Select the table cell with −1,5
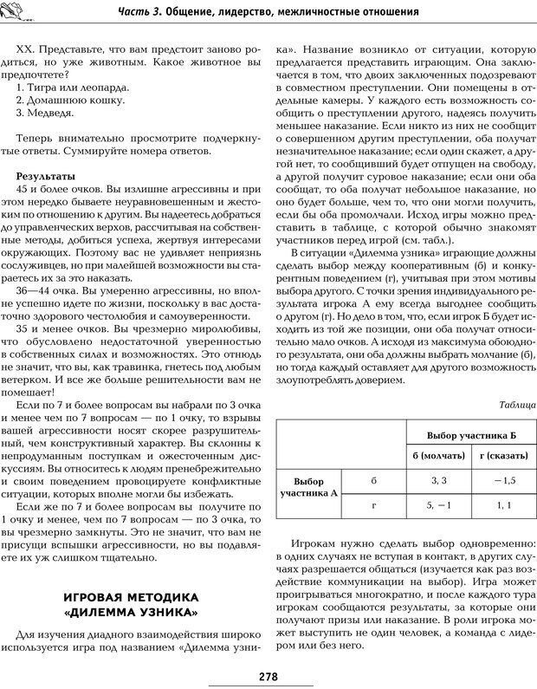point(504,479)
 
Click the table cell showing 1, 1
point(504,504)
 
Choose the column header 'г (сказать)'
point(504,456)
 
